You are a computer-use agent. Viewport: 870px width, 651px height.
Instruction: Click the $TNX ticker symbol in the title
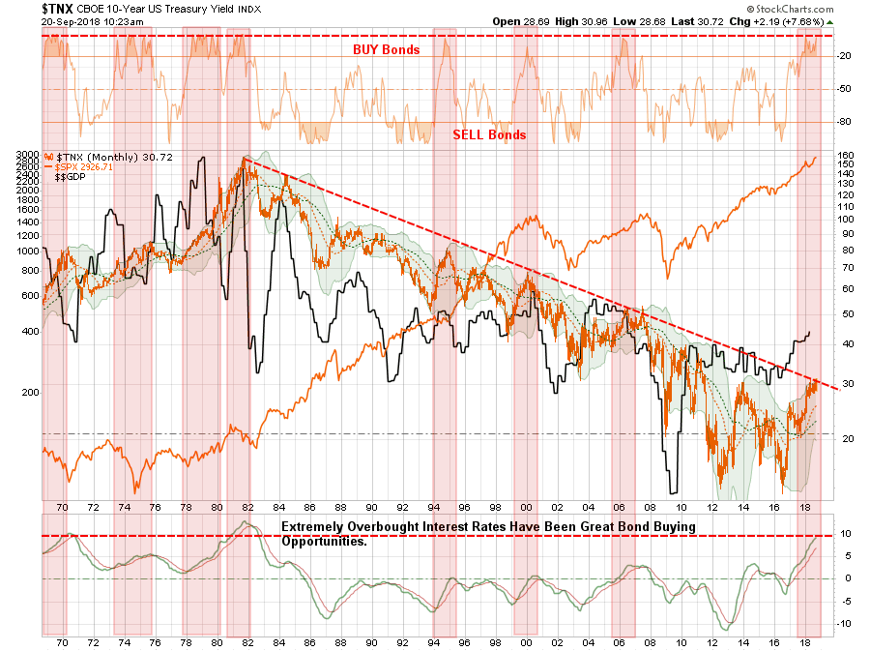tap(25, 9)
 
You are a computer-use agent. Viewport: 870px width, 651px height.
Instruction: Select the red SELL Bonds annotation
tap(489, 134)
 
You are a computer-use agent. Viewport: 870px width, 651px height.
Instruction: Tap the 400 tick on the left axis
tap(29, 331)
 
